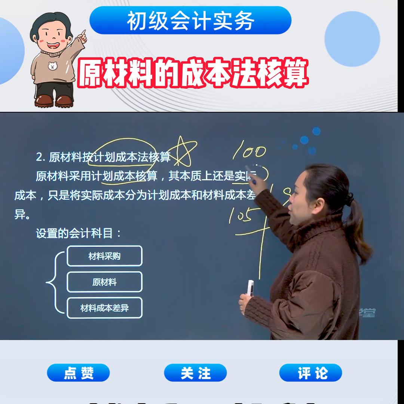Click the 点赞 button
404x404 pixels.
(78, 373)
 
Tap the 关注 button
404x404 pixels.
(195, 373)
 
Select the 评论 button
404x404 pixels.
(310, 373)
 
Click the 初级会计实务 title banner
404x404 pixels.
(190, 21)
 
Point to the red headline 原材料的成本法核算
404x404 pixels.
(193, 73)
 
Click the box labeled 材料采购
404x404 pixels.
(104, 256)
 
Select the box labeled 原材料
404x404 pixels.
(104, 282)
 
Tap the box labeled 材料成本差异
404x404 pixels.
(104, 308)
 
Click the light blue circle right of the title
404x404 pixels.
(352, 39)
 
